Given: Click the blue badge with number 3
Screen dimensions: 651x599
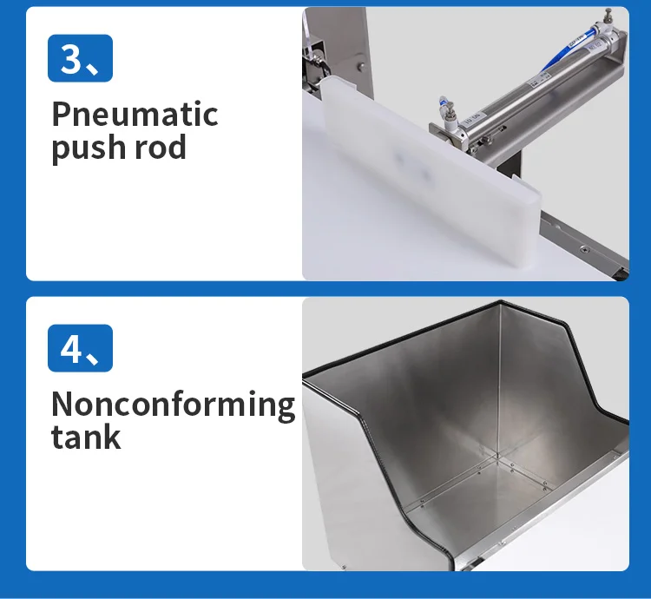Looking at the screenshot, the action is [x=80, y=58].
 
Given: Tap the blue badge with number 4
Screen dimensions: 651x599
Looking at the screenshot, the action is [x=80, y=348].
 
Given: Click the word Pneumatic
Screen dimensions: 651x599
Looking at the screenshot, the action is [x=135, y=114].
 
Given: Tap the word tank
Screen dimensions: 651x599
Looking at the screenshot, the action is [x=86, y=437].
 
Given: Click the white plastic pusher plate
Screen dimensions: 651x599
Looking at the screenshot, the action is [x=430, y=174].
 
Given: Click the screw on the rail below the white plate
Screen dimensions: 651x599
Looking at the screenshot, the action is [x=585, y=249].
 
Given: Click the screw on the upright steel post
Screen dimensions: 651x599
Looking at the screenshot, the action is [x=361, y=65].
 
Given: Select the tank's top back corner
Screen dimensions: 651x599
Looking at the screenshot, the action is [x=500, y=302].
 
